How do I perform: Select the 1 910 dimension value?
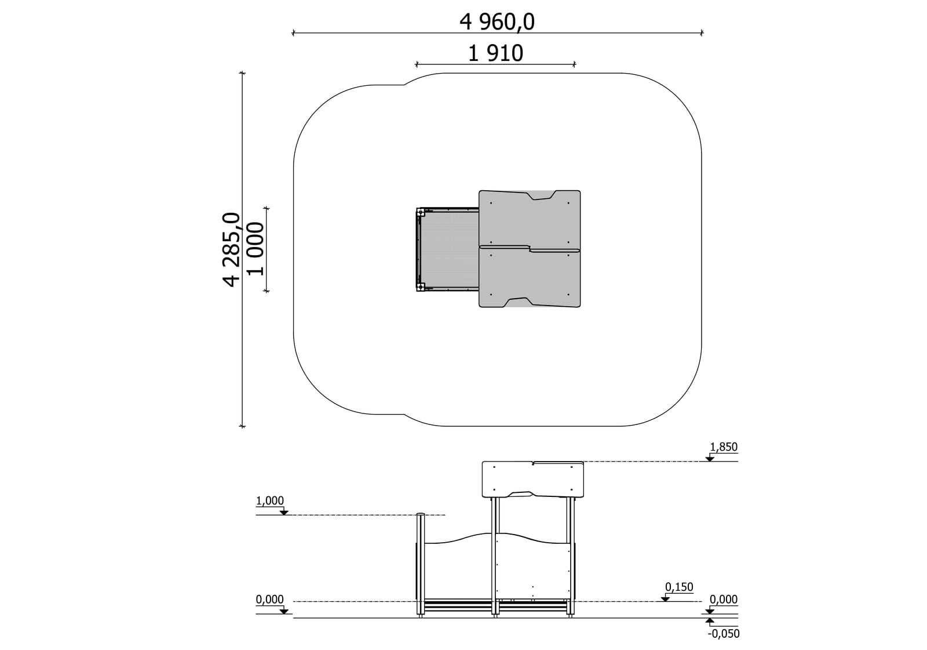(495, 53)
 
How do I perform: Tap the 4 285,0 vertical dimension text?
(232, 249)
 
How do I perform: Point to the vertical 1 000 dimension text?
(255, 249)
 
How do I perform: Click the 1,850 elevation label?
(724, 447)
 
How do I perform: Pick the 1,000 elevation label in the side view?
(270, 501)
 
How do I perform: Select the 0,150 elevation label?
(678, 587)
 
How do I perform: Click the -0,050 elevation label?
(724, 634)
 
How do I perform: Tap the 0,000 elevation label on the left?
(270, 600)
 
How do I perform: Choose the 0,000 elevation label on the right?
(724, 600)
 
